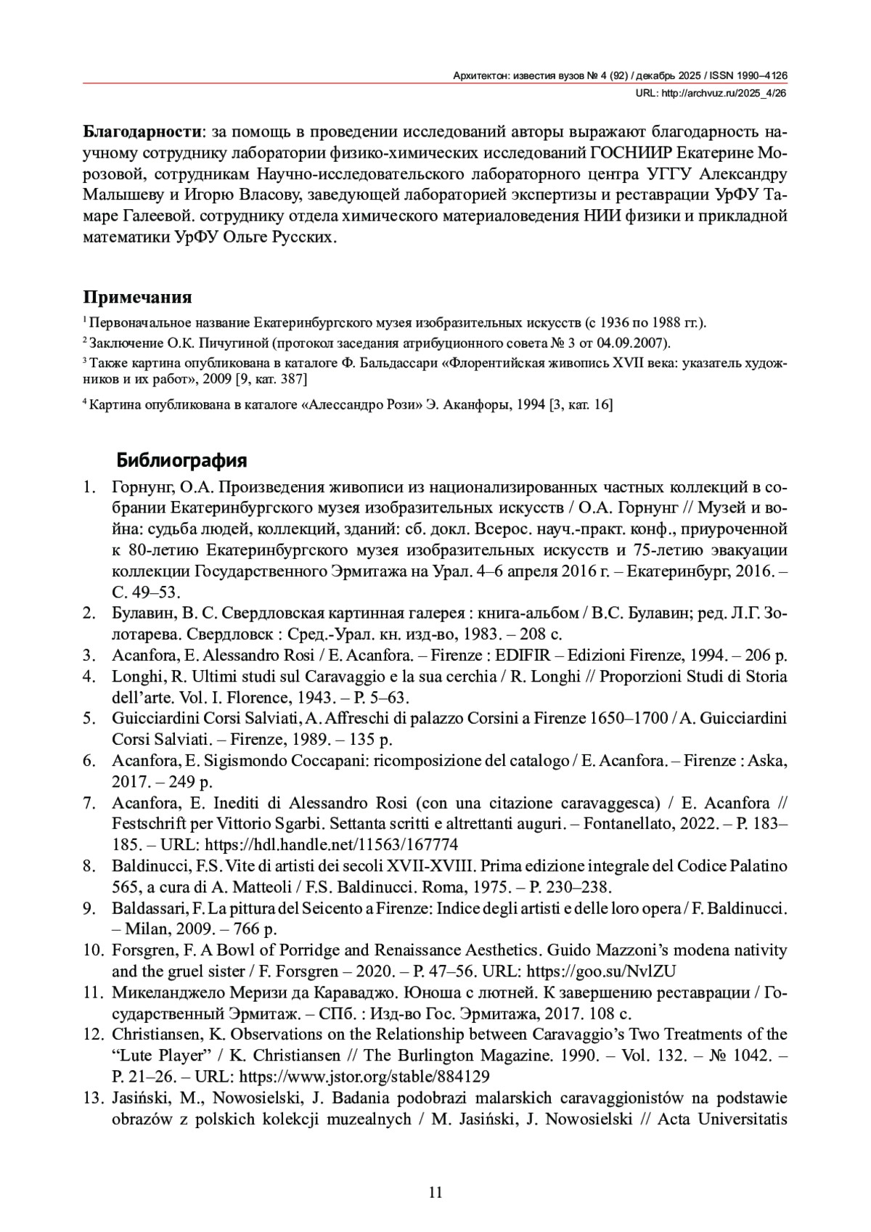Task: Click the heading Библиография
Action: [x=181, y=460]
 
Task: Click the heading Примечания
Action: [x=137, y=297]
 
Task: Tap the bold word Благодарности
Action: [x=142, y=132]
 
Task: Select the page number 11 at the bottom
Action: [x=435, y=1192]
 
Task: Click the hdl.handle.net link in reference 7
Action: [x=331, y=844]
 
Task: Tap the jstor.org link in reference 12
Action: [x=364, y=1076]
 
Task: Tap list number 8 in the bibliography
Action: [x=90, y=865]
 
